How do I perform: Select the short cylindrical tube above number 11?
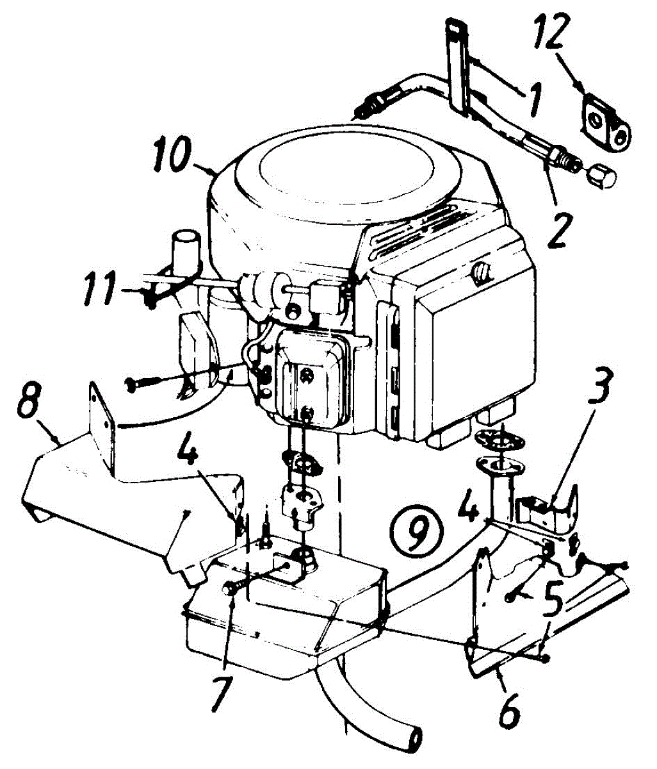click(x=186, y=247)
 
